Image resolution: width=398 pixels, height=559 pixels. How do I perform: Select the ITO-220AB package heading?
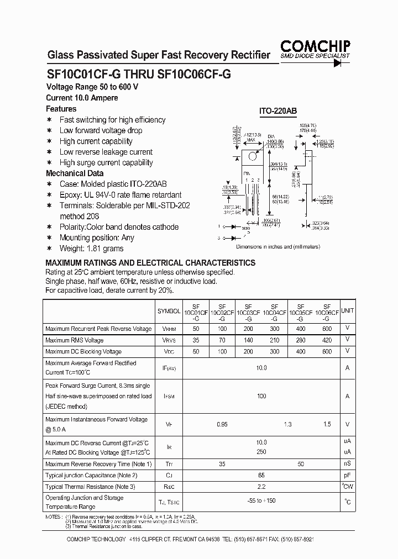click(278, 111)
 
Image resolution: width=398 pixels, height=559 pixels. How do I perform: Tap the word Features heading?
click(61, 109)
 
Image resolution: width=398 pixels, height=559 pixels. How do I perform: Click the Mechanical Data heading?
click(74, 173)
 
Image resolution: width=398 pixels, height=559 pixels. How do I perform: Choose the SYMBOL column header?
click(169, 312)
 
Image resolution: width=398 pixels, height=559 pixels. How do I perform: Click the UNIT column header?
click(347, 311)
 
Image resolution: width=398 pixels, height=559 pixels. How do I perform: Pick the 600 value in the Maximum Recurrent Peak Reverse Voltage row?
click(327, 329)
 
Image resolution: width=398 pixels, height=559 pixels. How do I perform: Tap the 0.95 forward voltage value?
click(222, 424)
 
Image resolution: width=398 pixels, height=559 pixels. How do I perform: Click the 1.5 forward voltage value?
click(327, 424)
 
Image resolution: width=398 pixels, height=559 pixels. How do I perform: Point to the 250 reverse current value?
click(261, 452)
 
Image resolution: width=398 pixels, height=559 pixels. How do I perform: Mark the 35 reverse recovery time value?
click(222, 465)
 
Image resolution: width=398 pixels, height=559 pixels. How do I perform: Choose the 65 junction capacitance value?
click(261, 476)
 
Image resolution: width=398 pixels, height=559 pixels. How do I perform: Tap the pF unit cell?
click(347, 476)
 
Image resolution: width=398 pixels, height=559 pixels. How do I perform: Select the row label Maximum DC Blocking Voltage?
click(83, 351)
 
